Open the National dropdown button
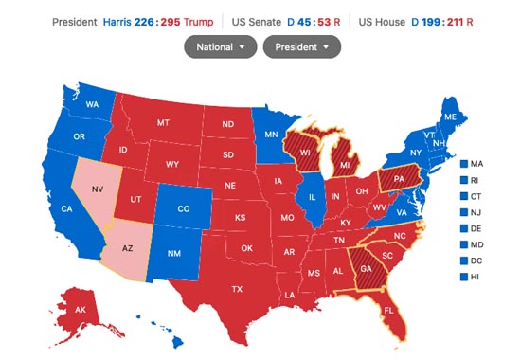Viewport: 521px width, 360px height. pos(220,46)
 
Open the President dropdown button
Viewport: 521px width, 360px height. pos(301,46)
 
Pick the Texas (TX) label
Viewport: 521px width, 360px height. pos(238,289)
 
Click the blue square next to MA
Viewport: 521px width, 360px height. pos(463,164)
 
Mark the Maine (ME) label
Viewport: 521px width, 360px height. pos(450,117)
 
